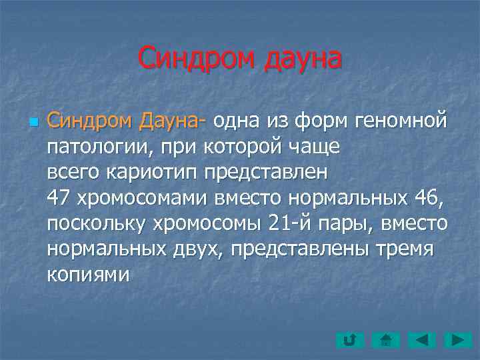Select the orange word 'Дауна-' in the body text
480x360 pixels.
tap(173, 121)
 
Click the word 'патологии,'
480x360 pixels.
tap(94, 147)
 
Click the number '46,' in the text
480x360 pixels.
tap(424, 198)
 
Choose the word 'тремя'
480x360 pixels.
tap(407, 249)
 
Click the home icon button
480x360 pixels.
tap(385, 341)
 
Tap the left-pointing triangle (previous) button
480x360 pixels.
tap(422, 341)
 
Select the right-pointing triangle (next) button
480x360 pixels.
tap(457, 341)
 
